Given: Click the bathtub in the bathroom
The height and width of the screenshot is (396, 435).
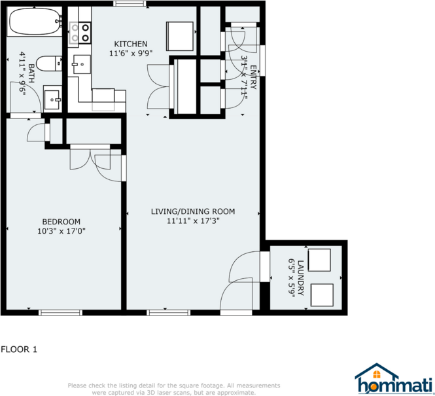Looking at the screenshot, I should [x=35, y=24].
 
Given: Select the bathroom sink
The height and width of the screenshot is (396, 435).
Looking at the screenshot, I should [x=53, y=100].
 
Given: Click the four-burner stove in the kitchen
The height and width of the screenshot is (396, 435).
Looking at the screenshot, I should [x=80, y=33].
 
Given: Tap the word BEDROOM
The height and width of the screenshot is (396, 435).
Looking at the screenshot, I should [x=61, y=221].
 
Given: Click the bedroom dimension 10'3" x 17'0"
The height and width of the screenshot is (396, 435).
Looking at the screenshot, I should [x=61, y=230].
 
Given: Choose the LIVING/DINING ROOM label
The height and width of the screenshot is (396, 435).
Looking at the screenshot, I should [x=192, y=211].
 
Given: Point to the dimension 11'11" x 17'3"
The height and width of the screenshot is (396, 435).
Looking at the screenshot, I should [x=192, y=221].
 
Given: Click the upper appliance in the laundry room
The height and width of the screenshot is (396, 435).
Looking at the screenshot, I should [x=321, y=261].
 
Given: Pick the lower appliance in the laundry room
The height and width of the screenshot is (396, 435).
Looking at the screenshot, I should [x=322, y=295].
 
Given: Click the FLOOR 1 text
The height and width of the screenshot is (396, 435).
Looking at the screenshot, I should [x=19, y=350].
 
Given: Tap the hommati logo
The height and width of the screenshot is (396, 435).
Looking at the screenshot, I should [x=393, y=380].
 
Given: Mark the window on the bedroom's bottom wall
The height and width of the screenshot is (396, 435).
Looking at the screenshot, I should [x=60, y=312].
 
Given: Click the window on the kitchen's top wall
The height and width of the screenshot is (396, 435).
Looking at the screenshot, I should [x=130, y=4].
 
